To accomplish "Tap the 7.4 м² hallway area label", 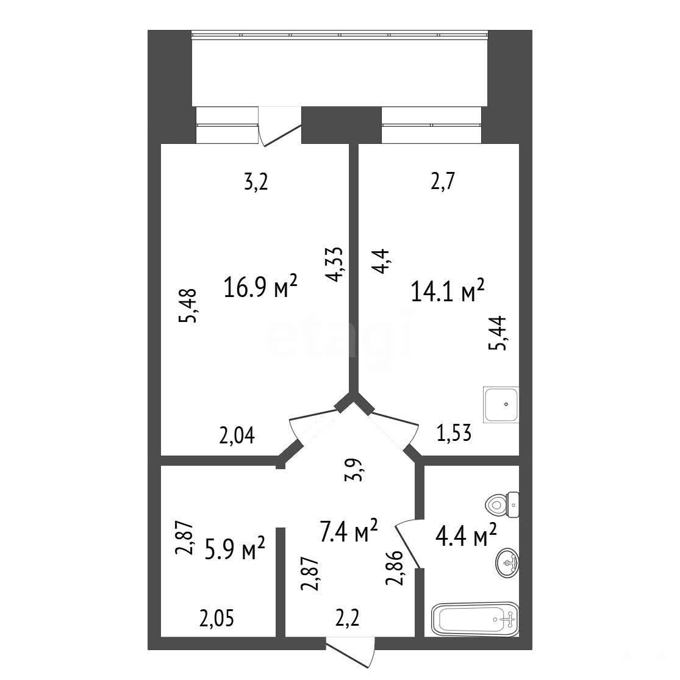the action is point(349,531).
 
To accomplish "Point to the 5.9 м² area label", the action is point(235,548).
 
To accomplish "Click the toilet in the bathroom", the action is point(502,505).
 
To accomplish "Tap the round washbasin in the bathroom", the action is point(507,563).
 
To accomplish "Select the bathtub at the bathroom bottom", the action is point(475,619).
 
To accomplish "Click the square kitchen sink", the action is point(501,404).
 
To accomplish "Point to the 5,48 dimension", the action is point(188,306).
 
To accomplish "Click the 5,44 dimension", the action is point(497,334).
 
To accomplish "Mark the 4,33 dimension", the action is point(334,265).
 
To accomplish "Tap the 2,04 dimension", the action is point(237,435).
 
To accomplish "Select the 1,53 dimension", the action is point(454,433).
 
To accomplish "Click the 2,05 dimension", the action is point(217,618).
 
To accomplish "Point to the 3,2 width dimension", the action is point(256,182).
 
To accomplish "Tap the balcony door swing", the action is point(280,126).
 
